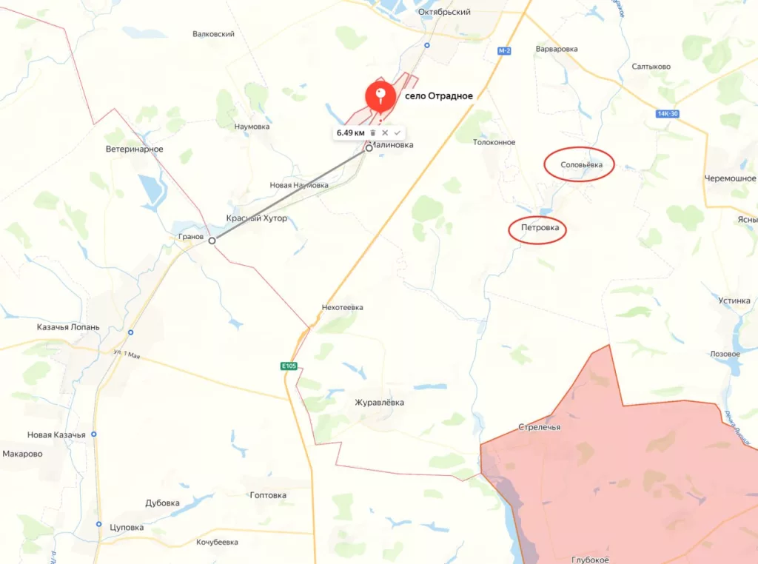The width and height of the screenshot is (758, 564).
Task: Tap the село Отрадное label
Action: point(439,95)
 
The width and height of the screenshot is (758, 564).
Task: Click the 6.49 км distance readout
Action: point(350,132)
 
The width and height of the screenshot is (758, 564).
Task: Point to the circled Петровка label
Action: point(538,228)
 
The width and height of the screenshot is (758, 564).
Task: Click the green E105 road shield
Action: point(289,366)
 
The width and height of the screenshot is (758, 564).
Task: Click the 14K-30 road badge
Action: point(668,113)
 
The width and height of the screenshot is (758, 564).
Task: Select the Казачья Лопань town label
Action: point(68,326)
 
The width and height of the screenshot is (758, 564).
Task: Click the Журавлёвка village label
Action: point(380,402)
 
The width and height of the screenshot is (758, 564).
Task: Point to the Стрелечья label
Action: point(539,427)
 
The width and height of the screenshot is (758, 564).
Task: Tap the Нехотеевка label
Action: point(343,307)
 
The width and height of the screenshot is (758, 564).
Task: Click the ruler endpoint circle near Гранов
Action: point(212,241)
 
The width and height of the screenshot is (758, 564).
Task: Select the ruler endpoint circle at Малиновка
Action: point(369,148)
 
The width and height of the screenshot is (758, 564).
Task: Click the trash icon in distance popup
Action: point(373,132)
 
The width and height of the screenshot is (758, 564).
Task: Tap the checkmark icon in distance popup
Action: point(397,132)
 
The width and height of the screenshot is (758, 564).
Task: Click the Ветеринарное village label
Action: point(135,150)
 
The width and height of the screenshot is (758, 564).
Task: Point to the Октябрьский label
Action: point(444,12)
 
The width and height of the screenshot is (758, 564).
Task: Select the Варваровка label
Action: point(556,49)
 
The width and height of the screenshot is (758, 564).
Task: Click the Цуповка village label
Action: point(126,527)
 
